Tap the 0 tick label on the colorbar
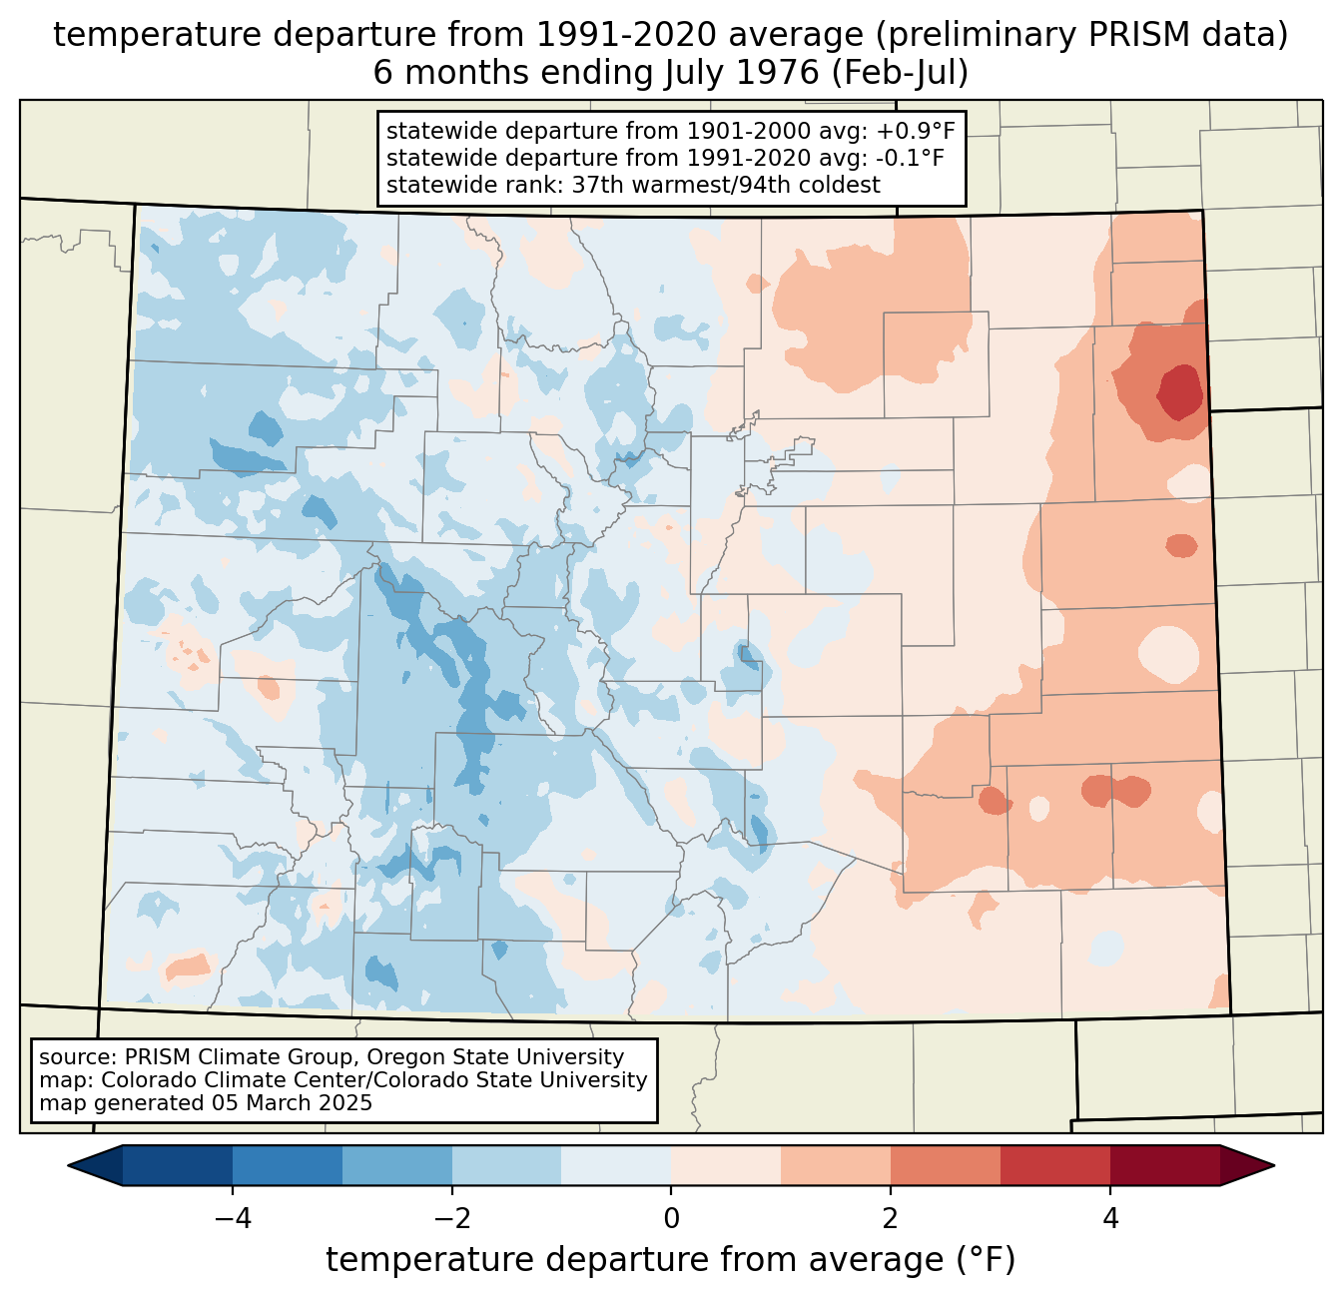coord(671,1218)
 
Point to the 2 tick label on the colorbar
coord(891,1218)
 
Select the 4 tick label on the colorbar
coord(1110,1218)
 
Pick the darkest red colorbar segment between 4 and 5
coord(1164,1165)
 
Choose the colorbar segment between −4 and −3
coord(288,1165)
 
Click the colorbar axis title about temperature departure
coord(671,1260)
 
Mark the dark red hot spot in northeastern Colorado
coord(1180,391)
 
